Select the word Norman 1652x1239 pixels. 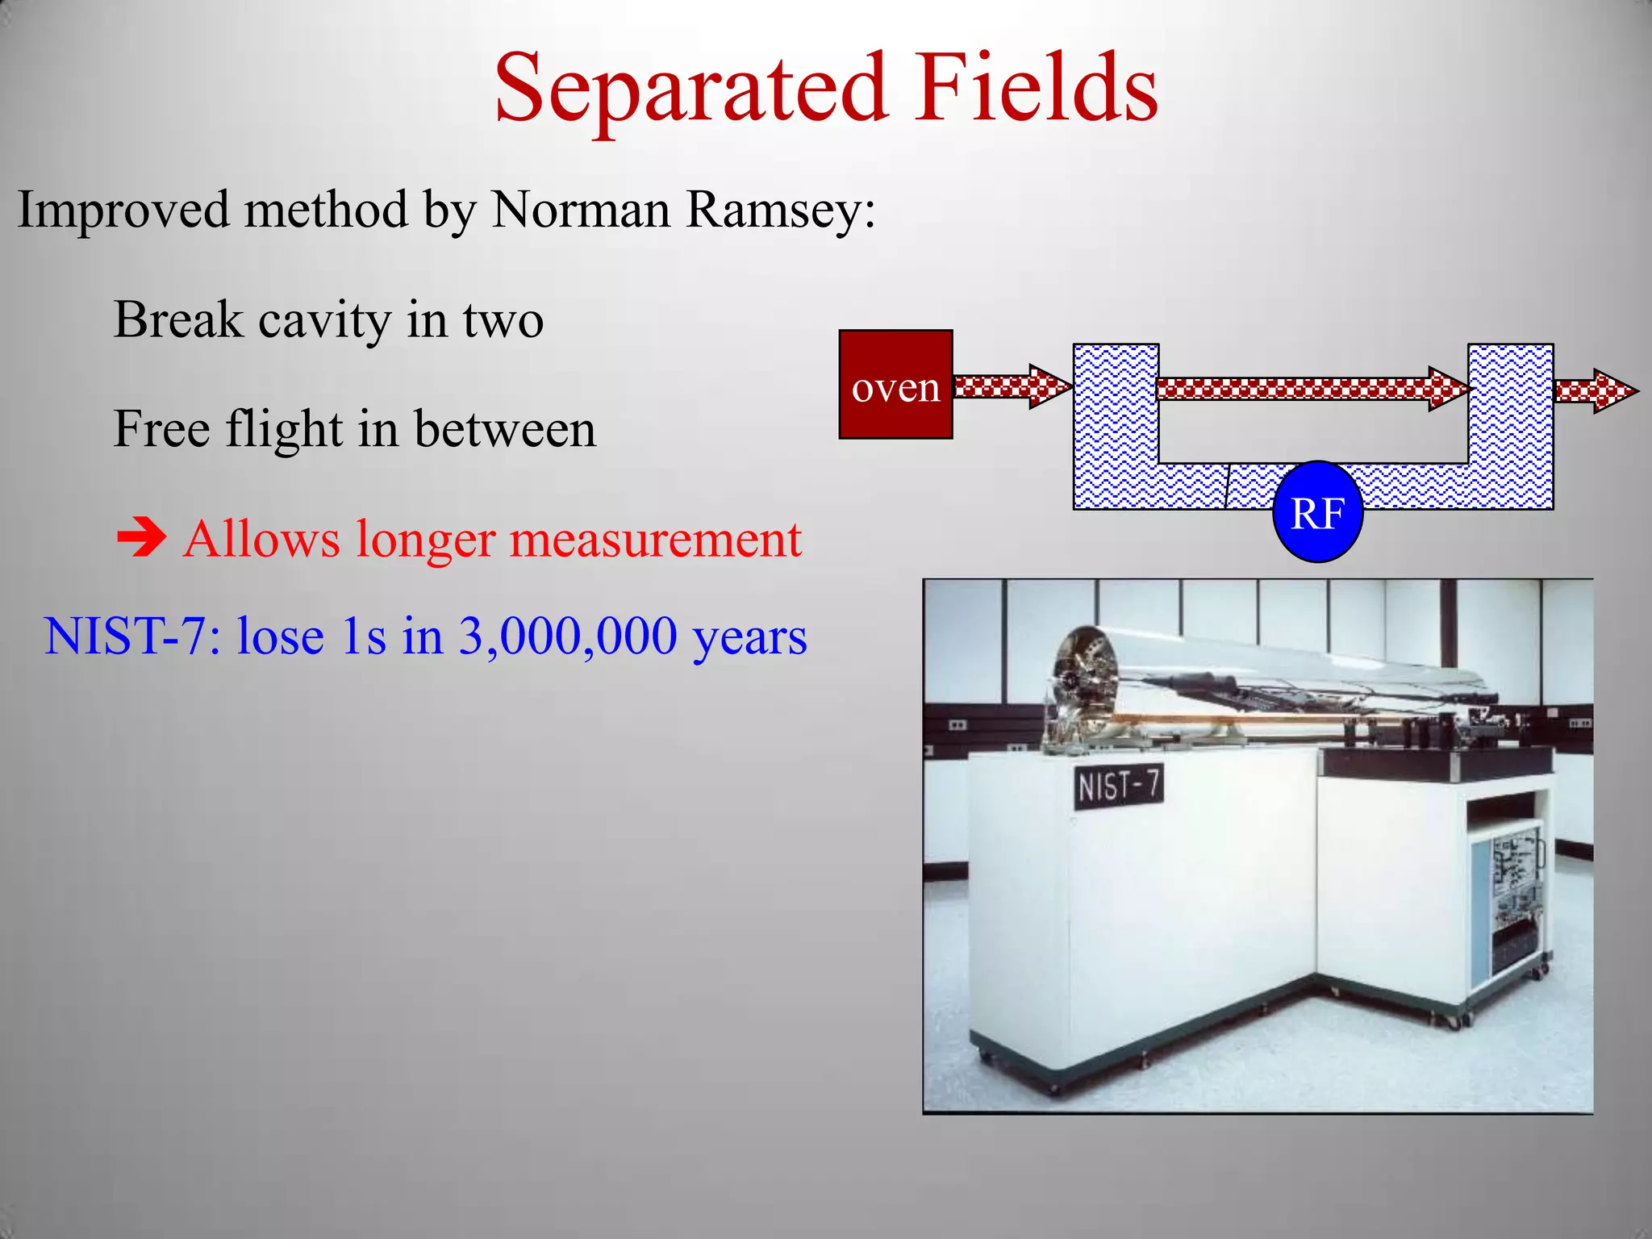tap(581, 211)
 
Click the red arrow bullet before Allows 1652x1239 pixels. tap(141, 539)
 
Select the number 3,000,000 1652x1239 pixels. tap(568, 637)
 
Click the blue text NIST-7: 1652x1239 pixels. tap(132, 637)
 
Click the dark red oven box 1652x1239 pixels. tap(895, 385)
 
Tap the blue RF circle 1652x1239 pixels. tap(1317, 512)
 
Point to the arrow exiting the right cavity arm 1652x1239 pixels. tap(1595, 391)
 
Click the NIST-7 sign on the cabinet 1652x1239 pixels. tap(1119, 785)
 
